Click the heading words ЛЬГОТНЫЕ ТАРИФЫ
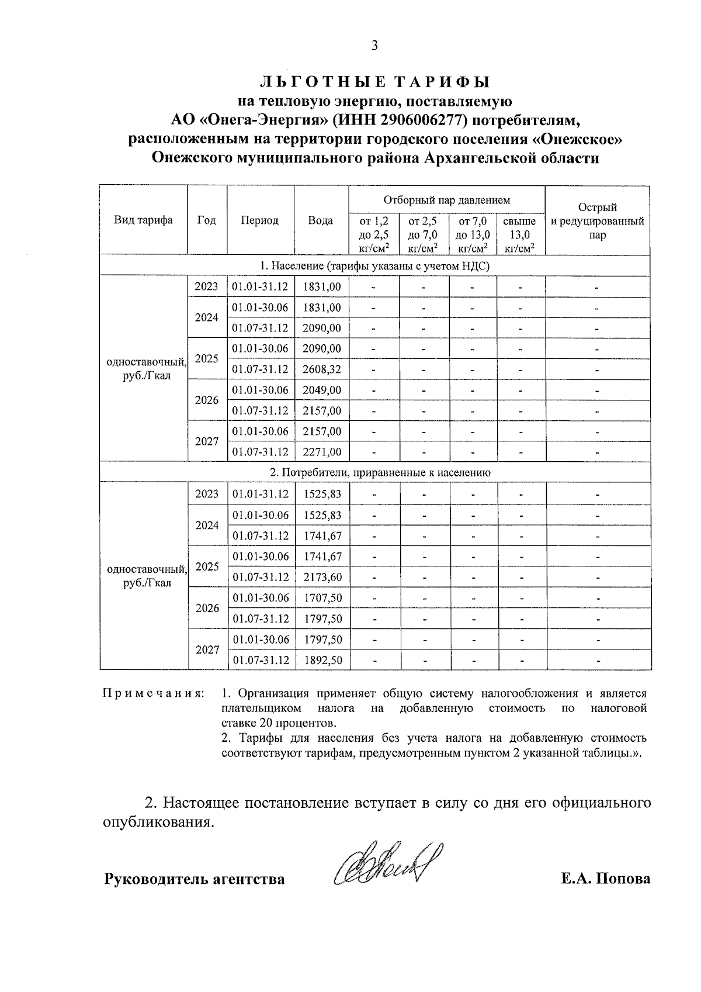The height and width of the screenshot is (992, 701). (x=374, y=82)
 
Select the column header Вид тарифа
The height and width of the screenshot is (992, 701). (x=143, y=220)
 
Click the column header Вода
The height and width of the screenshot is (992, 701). (x=321, y=220)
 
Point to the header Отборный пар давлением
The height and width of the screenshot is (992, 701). (x=446, y=200)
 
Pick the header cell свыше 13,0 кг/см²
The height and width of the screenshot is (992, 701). (x=520, y=235)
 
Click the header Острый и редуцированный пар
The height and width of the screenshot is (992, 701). (x=597, y=221)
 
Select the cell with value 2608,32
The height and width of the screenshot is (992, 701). (x=321, y=369)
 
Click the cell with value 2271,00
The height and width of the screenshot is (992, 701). (x=321, y=452)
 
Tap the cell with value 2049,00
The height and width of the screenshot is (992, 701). (x=321, y=390)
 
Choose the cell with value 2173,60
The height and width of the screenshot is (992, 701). (x=321, y=577)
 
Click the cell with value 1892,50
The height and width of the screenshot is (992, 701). (x=321, y=660)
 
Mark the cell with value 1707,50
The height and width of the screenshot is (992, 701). (x=321, y=598)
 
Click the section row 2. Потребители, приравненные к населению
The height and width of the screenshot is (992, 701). (x=374, y=472)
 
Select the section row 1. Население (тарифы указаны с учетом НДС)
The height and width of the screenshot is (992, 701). (x=374, y=266)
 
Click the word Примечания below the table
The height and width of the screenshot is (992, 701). (x=154, y=694)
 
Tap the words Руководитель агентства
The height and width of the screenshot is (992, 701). (x=194, y=879)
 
